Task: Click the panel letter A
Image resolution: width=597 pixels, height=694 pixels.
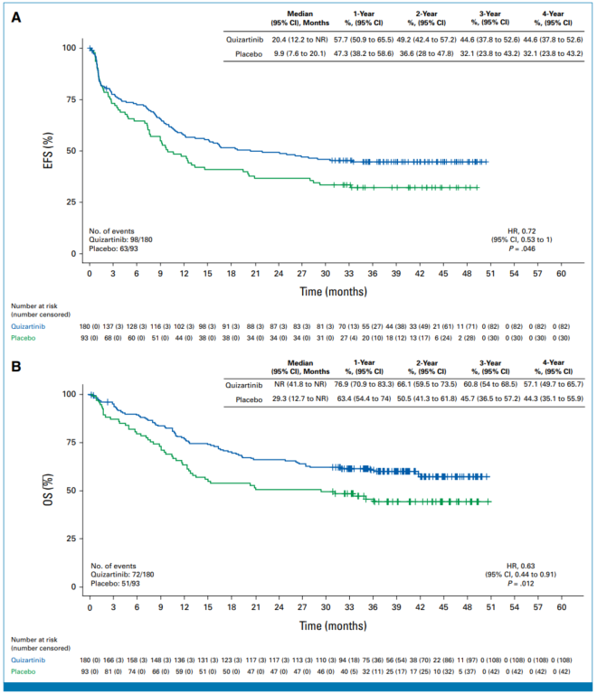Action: [16, 17]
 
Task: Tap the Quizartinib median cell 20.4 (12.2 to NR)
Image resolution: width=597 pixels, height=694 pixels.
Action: [299, 39]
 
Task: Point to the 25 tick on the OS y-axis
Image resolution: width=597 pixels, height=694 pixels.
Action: [71, 539]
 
